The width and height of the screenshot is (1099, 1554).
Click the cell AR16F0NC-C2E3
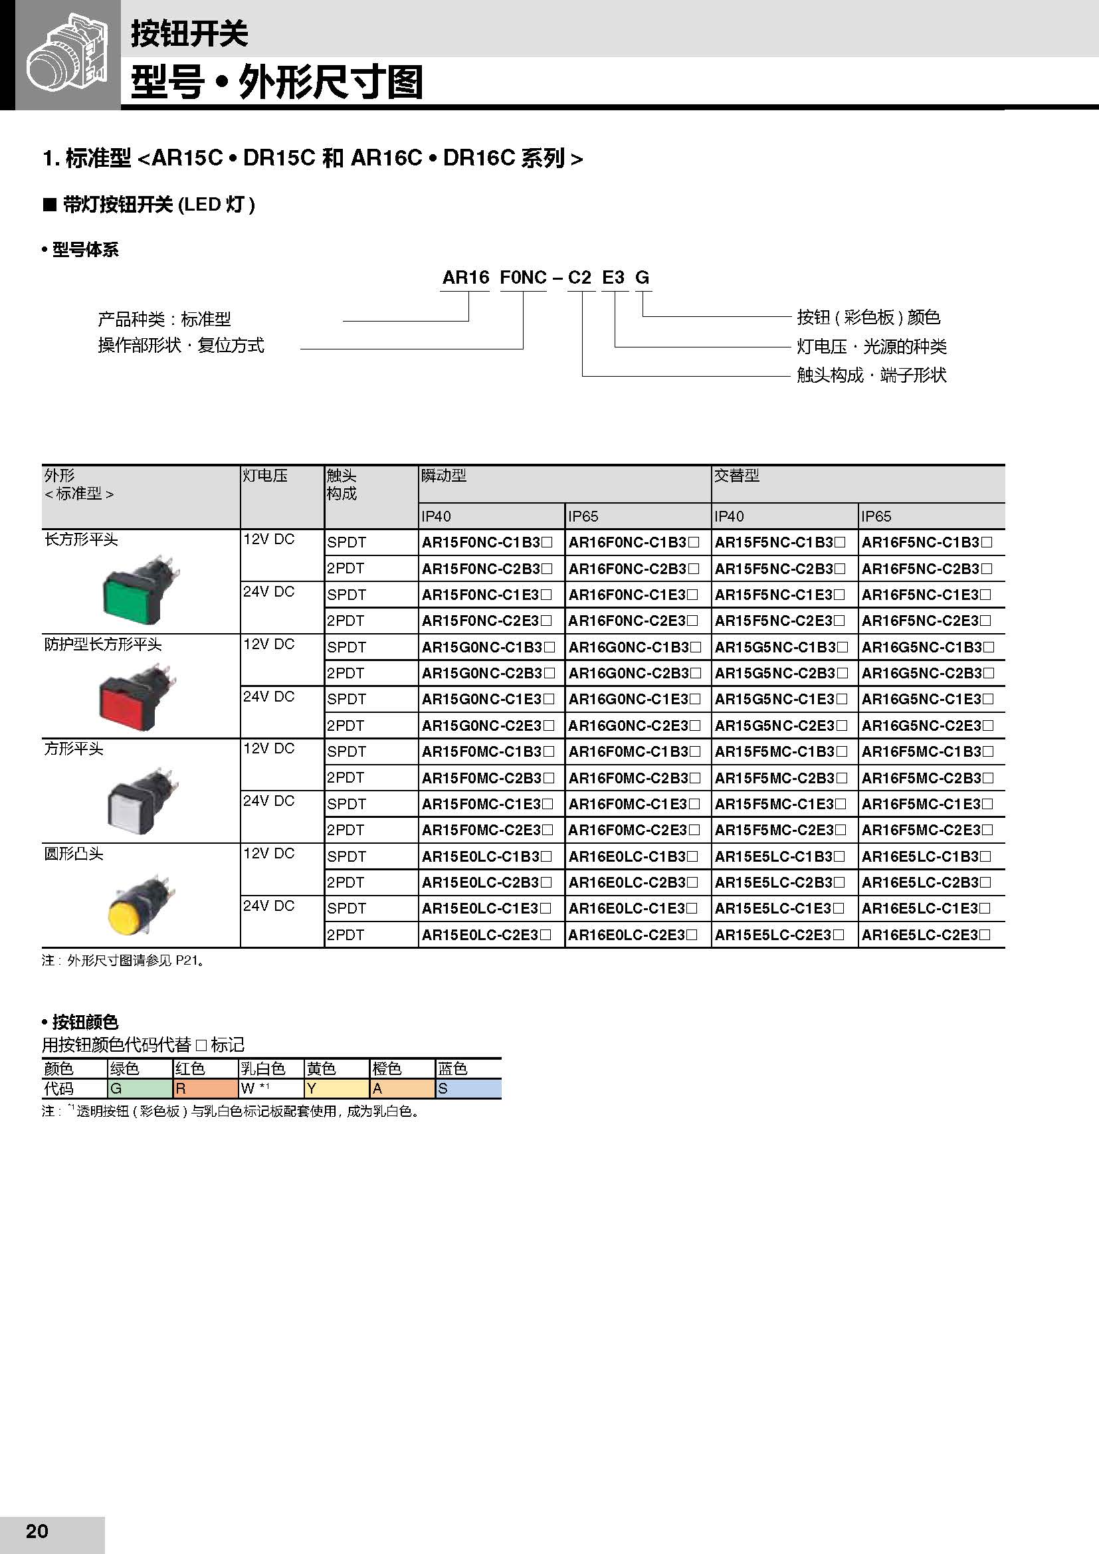[633, 621]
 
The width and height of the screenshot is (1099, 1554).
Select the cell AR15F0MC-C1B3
[487, 751]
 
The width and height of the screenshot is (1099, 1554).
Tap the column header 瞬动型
[444, 476]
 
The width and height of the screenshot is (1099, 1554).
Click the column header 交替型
[737, 476]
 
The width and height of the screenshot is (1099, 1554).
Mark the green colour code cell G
[140, 1088]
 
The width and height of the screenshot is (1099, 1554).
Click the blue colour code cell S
[468, 1088]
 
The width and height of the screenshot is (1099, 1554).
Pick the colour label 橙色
[388, 1069]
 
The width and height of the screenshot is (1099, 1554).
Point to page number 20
[37, 1531]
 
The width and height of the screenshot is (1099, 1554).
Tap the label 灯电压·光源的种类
[871, 347]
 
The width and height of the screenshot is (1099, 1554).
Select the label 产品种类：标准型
[164, 319]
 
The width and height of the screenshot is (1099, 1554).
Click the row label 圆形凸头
[74, 854]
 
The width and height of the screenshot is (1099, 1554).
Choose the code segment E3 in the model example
[613, 278]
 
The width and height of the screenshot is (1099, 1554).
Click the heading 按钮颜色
[85, 1022]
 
